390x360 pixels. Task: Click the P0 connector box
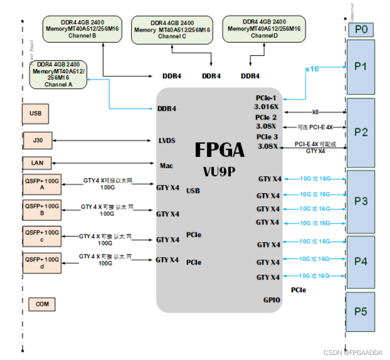(x=361, y=30)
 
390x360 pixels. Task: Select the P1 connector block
(x=361, y=67)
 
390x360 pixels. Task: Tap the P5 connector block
(x=361, y=311)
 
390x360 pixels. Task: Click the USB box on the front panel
(x=35, y=114)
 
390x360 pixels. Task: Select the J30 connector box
(x=38, y=141)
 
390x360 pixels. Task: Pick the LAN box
(x=37, y=163)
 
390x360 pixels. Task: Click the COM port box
(x=42, y=304)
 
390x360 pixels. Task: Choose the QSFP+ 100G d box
(x=42, y=263)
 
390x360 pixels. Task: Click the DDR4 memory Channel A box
(x=58, y=74)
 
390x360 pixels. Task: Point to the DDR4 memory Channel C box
(x=172, y=30)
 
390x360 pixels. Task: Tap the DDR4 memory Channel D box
(x=264, y=29)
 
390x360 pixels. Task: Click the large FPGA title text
(x=219, y=150)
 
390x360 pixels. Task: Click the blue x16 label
(x=312, y=69)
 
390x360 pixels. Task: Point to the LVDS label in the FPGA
(x=167, y=141)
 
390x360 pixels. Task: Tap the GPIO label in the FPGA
(x=272, y=300)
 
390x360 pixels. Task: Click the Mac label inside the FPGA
(x=166, y=165)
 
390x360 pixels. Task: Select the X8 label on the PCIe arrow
(x=315, y=112)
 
